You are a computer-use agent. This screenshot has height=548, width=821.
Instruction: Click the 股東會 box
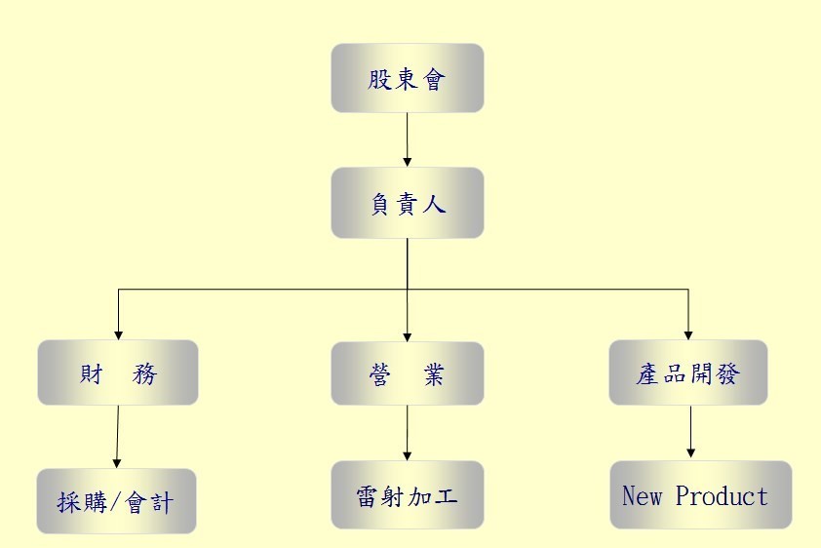(407, 78)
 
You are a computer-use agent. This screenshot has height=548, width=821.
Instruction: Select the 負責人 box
(407, 203)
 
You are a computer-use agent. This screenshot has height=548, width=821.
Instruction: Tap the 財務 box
(118, 372)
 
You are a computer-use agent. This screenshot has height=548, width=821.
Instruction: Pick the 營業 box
(407, 373)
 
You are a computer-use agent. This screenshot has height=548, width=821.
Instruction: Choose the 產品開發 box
(687, 373)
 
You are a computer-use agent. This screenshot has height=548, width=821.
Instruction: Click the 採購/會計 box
(116, 501)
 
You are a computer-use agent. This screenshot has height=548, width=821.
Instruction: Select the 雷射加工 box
(407, 495)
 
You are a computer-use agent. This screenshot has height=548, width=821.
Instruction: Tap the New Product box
(700, 495)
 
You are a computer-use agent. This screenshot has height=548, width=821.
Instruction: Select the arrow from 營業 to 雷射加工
(407, 432)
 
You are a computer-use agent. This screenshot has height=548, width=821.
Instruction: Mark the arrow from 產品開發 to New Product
(690, 431)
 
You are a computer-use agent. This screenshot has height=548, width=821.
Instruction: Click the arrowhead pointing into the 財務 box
(118, 333)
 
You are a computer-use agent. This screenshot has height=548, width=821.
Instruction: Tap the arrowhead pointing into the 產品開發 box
(688, 333)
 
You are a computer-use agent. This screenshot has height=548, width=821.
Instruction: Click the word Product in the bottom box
(722, 495)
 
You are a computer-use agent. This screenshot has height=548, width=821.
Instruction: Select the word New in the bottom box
(642, 495)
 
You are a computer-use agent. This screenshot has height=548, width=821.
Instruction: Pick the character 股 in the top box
(379, 79)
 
